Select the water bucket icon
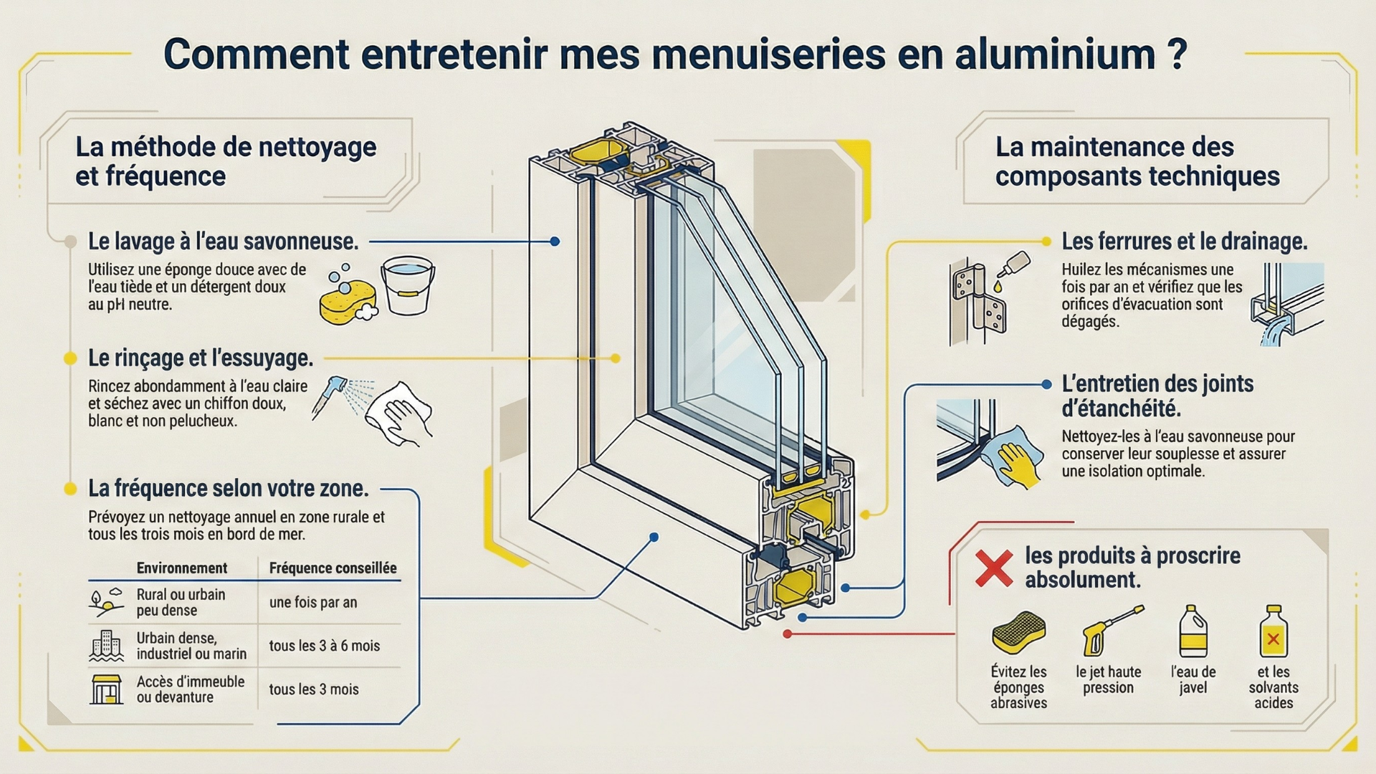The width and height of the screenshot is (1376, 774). (x=408, y=285)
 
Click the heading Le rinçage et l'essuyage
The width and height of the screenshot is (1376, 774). (x=201, y=358)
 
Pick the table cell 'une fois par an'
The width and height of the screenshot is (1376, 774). (x=313, y=603)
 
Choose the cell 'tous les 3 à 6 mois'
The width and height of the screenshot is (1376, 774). (x=324, y=646)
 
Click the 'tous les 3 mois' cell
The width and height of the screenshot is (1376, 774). (x=314, y=689)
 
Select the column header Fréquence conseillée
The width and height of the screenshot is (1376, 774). (x=333, y=568)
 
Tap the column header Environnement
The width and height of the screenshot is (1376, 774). (x=181, y=568)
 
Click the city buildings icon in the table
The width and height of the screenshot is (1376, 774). (x=107, y=646)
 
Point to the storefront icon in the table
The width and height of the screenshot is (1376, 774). (x=107, y=689)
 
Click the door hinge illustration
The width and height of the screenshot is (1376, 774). (x=979, y=301)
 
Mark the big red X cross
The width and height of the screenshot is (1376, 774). (x=994, y=568)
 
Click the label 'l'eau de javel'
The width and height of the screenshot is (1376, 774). (x=1193, y=679)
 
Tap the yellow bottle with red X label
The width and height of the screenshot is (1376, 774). (x=1273, y=631)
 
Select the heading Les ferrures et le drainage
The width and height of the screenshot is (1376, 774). (x=1184, y=242)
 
